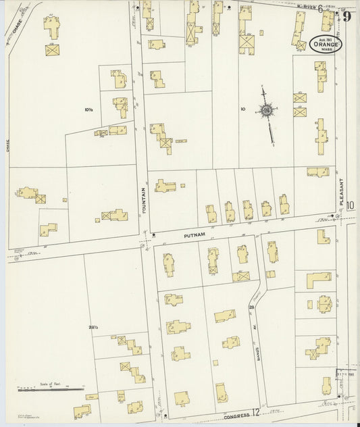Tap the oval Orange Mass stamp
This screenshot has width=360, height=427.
326,44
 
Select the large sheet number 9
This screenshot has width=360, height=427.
347,16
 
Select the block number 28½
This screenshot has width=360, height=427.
93,328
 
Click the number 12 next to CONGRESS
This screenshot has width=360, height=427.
256,411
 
